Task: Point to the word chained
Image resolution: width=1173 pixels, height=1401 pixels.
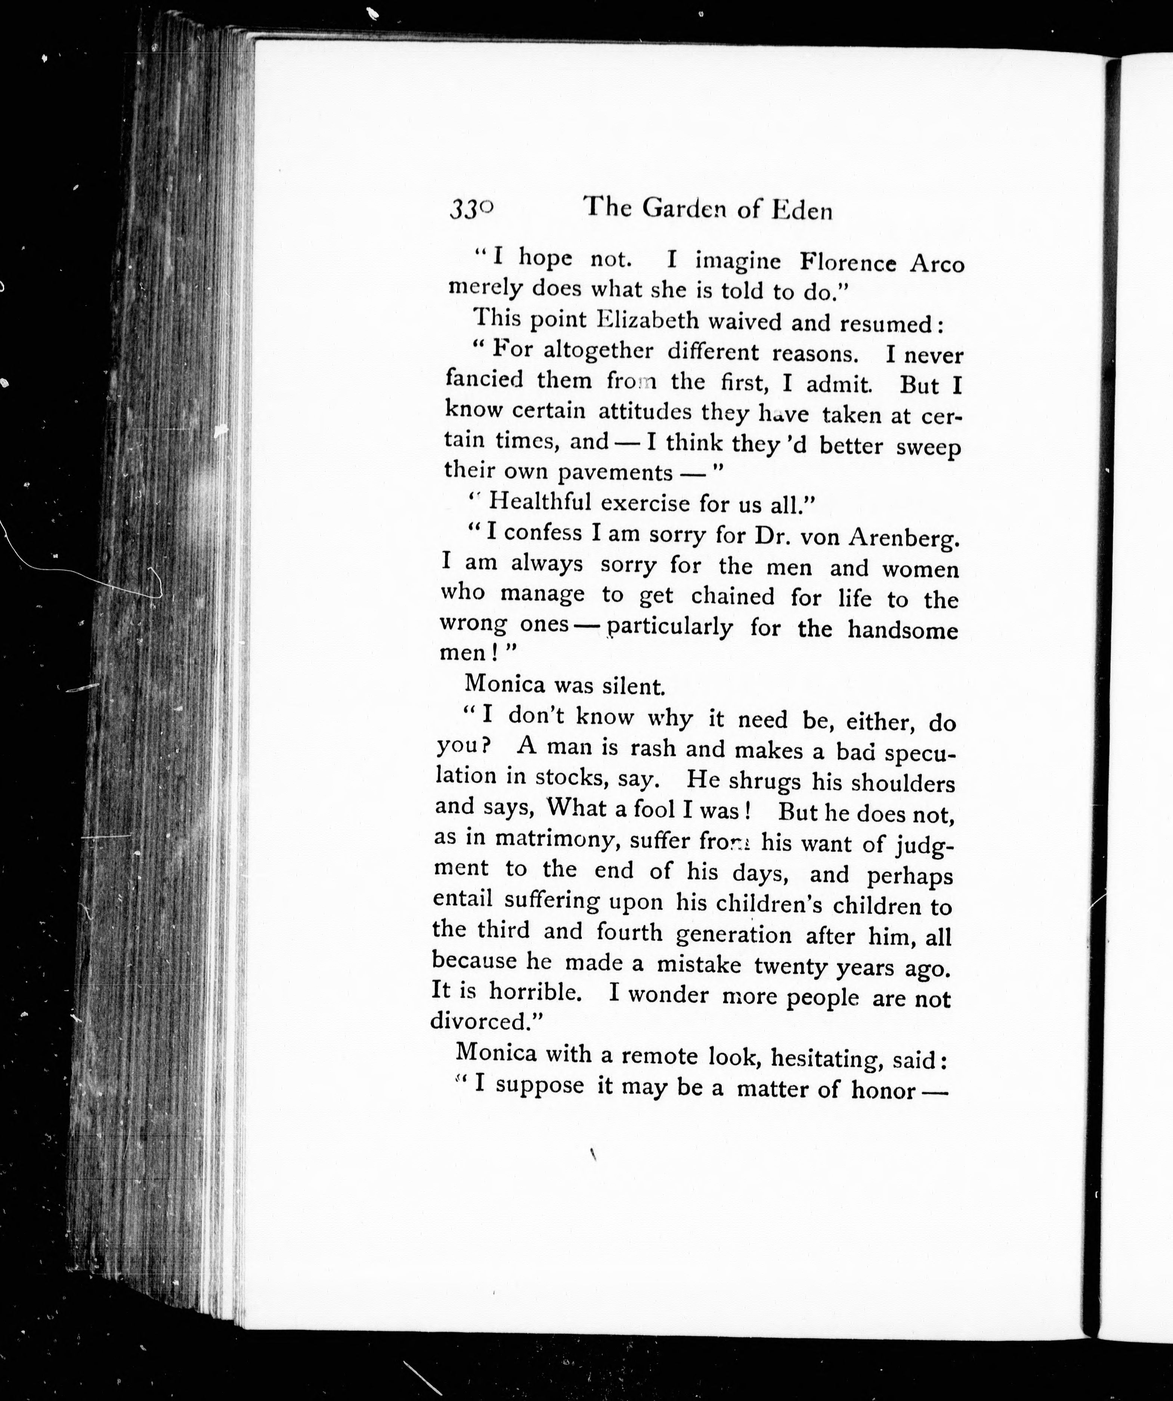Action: point(732,596)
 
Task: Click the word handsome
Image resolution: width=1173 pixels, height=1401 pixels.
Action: point(903,630)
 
